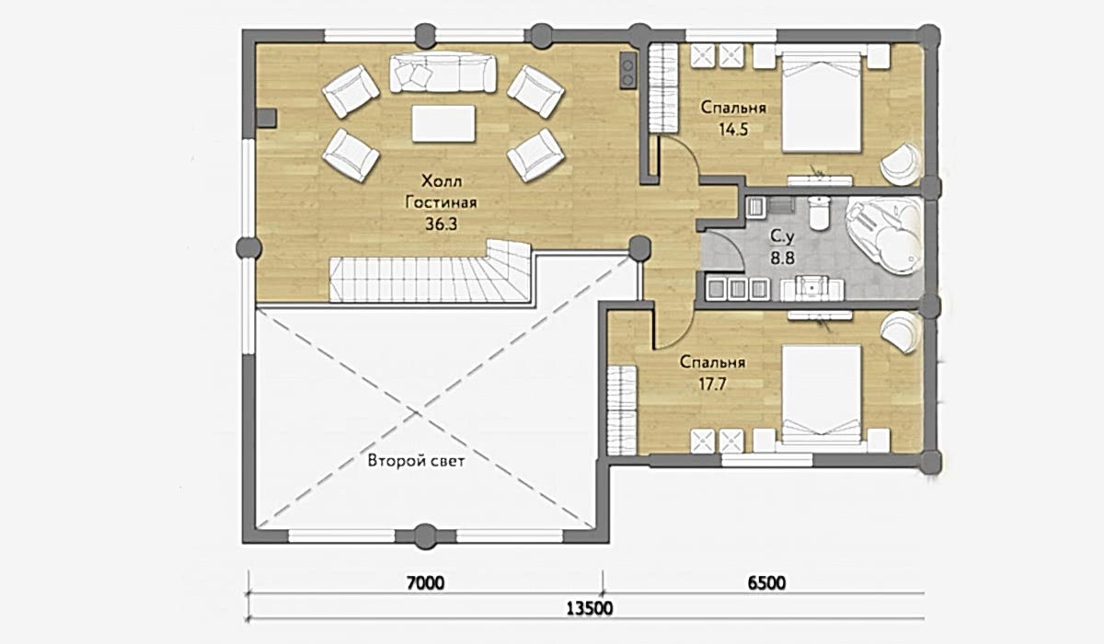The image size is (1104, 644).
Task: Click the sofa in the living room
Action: coord(443,73)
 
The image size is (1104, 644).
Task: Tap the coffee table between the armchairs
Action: coord(443,123)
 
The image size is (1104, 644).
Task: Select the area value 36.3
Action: coord(441,224)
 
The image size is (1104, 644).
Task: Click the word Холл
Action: coord(442,181)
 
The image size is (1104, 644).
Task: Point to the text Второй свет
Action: coord(416,461)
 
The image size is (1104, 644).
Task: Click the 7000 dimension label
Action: coord(425,583)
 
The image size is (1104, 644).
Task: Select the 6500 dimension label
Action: coord(766,583)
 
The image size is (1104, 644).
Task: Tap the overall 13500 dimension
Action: coord(589,608)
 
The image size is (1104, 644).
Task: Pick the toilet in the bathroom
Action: coord(820,213)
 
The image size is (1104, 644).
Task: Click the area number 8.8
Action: coord(782,258)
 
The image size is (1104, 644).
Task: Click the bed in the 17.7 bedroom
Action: coord(821,397)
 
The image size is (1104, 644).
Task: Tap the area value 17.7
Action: coord(712,384)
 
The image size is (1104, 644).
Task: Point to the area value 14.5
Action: coord(733,130)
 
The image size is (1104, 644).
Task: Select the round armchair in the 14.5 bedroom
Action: coord(901,163)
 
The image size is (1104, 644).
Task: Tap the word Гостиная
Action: coord(441,202)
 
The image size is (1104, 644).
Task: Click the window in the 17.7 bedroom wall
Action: coord(767,460)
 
